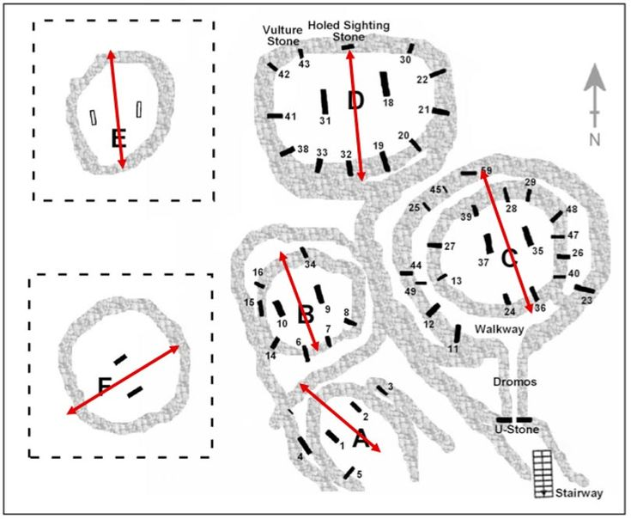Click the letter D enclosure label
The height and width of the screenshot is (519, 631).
(x=355, y=101)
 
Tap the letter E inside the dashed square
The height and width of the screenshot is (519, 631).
(x=118, y=137)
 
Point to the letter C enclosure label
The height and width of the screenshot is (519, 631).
(x=508, y=257)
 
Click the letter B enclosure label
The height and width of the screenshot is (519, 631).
(x=304, y=314)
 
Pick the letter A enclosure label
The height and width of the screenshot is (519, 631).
(x=361, y=442)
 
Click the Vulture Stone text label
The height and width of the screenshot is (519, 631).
(x=282, y=34)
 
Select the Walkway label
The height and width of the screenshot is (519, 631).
(x=499, y=329)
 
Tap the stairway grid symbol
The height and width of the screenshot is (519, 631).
(x=543, y=473)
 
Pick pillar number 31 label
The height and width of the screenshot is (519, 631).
(x=325, y=121)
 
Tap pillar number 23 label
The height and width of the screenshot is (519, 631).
(x=586, y=301)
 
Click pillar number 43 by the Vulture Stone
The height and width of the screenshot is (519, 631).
(x=303, y=64)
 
